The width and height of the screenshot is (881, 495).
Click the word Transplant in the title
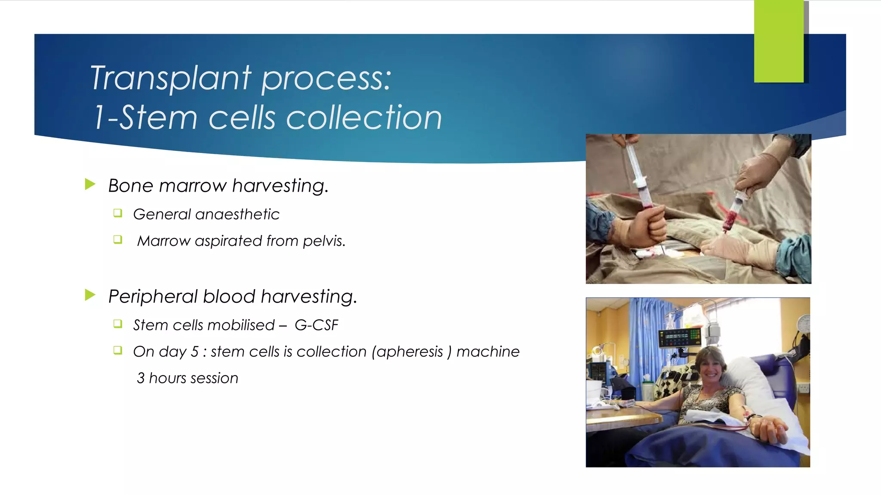[x=170, y=78]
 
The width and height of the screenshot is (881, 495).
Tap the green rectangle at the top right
[x=778, y=41]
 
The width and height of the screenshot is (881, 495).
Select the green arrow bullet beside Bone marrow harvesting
[x=90, y=185]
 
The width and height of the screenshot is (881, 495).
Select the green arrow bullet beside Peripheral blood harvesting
[x=90, y=295]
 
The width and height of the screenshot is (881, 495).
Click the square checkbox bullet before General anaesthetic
[x=118, y=213]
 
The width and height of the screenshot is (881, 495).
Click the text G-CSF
[x=316, y=325]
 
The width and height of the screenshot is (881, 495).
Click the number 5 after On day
[x=194, y=352]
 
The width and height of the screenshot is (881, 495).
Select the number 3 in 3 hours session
[x=141, y=378]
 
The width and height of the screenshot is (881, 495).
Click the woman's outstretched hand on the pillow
[x=770, y=430]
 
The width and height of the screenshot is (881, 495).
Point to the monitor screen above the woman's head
[x=680, y=337]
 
